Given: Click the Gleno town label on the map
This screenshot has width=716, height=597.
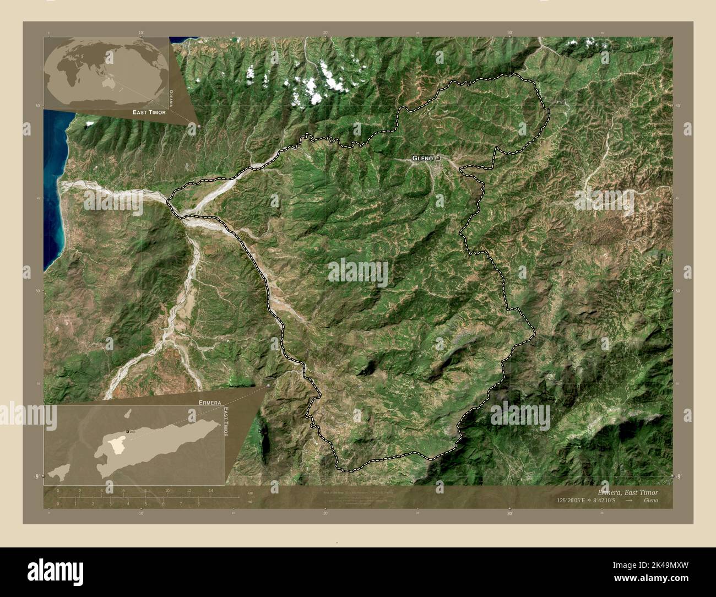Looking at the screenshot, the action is [x=422, y=159].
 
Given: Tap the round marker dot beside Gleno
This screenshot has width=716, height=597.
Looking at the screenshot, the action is [x=438, y=158].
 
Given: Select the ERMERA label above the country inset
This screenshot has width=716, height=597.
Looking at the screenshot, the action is [x=210, y=403].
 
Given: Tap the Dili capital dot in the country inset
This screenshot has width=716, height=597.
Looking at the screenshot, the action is [x=128, y=431].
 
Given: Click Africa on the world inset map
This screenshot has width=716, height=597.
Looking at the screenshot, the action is [x=70, y=78].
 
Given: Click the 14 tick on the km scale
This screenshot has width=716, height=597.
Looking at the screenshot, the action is [x=210, y=491].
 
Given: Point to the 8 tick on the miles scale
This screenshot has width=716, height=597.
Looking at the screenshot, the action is [x=198, y=503].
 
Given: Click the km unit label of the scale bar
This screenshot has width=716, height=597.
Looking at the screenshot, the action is [x=250, y=492].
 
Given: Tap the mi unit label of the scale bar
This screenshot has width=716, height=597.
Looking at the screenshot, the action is [x=249, y=502].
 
